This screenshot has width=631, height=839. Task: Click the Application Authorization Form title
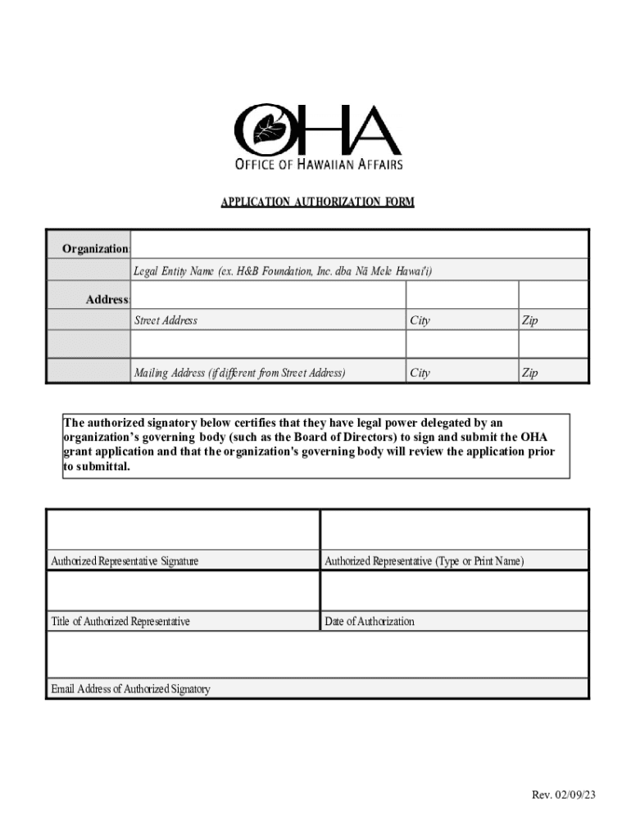pyautogui.click(x=317, y=202)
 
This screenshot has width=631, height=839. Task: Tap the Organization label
pyautogui.click(x=95, y=248)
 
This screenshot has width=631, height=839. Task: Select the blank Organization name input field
pyautogui.click(x=359, y=244)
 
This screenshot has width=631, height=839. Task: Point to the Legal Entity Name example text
pyautogui.click(x=283, y=271)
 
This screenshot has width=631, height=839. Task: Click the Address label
pyautogui.click(x=107, y=300)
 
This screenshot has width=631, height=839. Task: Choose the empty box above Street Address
pyautogui.click(x=267, y=295)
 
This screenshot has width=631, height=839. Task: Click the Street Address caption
pyautogui.click(x=166, y=320)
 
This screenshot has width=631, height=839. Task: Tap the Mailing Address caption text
pyautogui.click(x=239, y=373)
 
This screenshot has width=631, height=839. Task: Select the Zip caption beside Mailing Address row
pyautogui.click(x=530, y=373)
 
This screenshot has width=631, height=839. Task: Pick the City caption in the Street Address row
pyautogui.click(x=420, y=320)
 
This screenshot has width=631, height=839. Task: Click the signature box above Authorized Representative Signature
pyautogui.click(x=183, y=530)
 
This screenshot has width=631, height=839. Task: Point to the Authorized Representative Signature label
pyautogui.click(x=125, y=561)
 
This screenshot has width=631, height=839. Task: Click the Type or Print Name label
pyautogui.click(x=424, y=561)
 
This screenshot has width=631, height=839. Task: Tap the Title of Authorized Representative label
pyautogui.click(x=120, y=621)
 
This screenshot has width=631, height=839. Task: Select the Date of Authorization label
pyautogui.click(x=370, y=621)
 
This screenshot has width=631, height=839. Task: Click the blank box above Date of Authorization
pyautogui.click(x=454, y=590)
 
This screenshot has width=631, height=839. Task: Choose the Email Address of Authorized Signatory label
pyautogui.click(x=130, y=689)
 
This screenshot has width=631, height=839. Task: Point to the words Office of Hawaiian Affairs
pyautogui.click(x=319, y=165)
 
